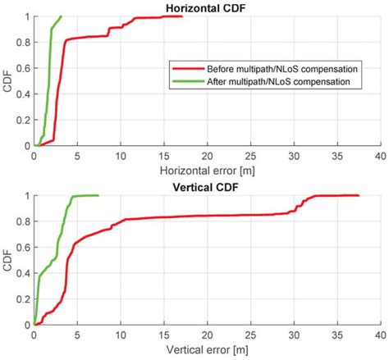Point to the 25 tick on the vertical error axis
tap(249, 334)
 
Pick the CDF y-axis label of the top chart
tap(7, 81)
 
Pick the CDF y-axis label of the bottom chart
tap(7, 260)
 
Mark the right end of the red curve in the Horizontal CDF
tap(182, 16)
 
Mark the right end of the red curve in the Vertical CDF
tap(358, 195)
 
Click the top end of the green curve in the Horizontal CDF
tap(61, 16)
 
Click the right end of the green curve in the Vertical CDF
tap(98, 195)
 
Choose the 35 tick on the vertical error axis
tap(336, 334)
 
